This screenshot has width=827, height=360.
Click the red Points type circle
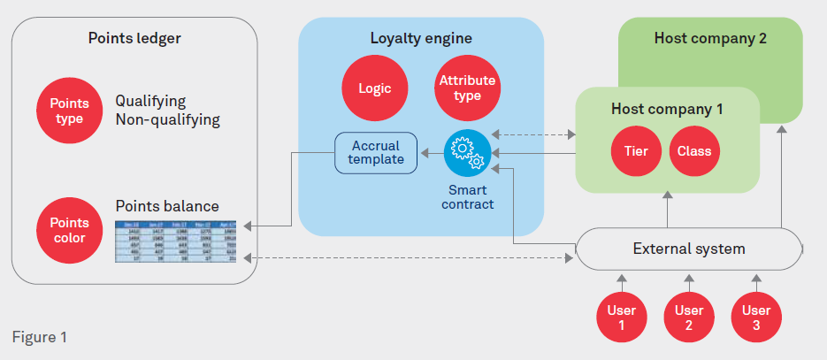click(x=70, y=111)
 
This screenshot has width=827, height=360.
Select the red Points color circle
click(x=70, y=230)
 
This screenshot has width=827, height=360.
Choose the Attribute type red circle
click(x=467, y=88)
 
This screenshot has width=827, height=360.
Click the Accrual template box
click(x=375, y=152)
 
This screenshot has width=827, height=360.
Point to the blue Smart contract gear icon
click(x=467, y=153)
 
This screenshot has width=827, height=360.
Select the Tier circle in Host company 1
click(x=635, y=151)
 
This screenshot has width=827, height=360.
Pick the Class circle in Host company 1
click(x=694, y=151)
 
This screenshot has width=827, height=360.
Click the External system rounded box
click(x=688, y=249)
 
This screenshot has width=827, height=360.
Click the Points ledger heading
click(x=134, y=38)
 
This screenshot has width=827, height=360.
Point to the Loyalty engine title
click(x=420, y=38)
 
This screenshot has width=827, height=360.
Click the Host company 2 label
click(x=710, y=38)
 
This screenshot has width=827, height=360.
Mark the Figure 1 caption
click(x=39, y=337)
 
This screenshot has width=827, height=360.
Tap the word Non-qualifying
click(x=167, y=119)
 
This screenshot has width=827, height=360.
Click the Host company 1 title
click(x=667, y=109)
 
